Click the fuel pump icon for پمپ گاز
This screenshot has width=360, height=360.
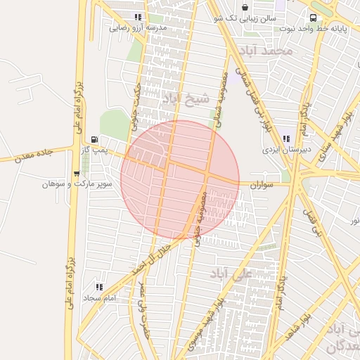95,139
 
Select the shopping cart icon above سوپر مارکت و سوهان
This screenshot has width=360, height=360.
77,173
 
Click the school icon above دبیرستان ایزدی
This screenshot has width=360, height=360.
285,139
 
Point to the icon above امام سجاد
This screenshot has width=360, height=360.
98,287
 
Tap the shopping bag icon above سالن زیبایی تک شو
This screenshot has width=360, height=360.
245,8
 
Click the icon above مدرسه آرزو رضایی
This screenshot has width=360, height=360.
139,18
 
